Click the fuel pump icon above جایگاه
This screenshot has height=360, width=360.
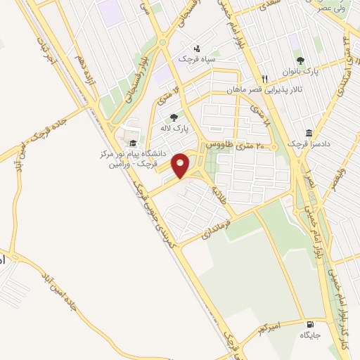coord(310,324)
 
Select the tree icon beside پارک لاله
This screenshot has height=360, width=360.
coord(174,117)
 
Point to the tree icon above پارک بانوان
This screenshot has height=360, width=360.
coord(301,61)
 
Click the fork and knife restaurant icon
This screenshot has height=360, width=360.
coord(264,78)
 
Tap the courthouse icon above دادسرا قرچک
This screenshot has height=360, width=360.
coord(309,133)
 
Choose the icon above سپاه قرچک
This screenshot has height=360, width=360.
coord(198,49)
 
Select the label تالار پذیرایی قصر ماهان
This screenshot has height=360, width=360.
coord(257,89)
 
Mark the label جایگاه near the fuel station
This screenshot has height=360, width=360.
coord(310,335)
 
